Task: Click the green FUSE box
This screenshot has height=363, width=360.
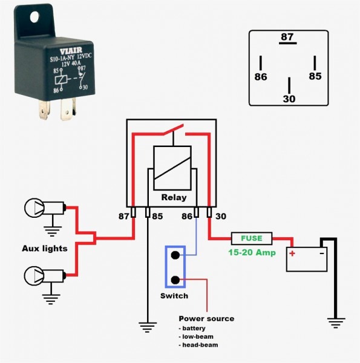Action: point(252,238)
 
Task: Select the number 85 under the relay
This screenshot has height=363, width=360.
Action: point(157,215)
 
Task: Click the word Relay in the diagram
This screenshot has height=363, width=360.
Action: point(174,197)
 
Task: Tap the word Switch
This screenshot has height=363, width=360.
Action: point(174,296)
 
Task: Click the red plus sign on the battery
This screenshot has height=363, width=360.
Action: point(292,253)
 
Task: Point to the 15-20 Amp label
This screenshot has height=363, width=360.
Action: point(252,251)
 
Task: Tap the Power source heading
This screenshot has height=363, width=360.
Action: point(206,319)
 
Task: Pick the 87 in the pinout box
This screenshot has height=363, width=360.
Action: point(287,37)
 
